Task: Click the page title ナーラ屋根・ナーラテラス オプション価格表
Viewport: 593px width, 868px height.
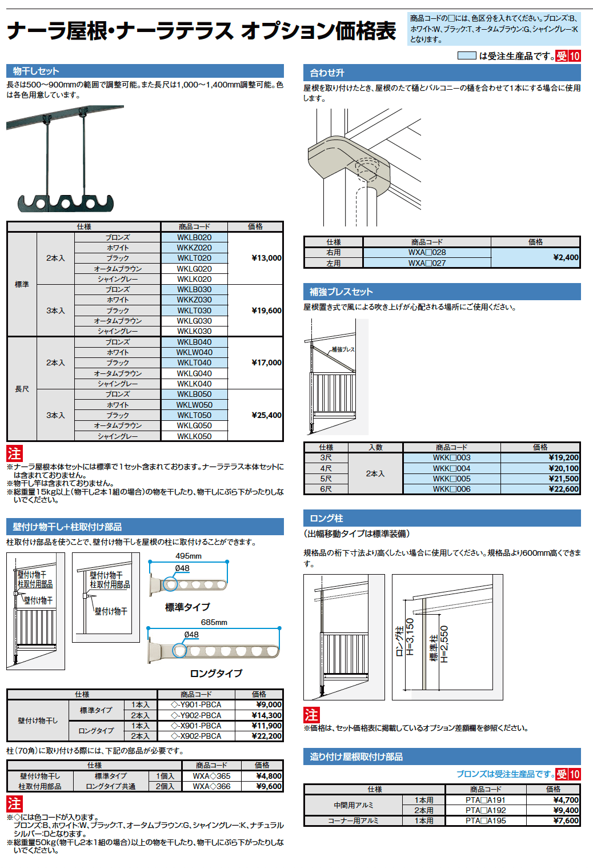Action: [x=201, y=31]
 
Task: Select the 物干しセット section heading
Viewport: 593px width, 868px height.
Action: [x=36, y=71]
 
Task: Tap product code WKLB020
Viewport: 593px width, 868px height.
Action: [x=194, y=237]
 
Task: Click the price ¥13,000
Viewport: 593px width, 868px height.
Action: [x=266, y=258]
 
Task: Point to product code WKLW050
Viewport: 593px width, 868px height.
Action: [x=194, y=405]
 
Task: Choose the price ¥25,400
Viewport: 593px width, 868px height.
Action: [x=266, y=415]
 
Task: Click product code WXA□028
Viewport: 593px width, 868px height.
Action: [x=427, y=252]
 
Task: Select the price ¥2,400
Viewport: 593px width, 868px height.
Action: [x=566, y=257]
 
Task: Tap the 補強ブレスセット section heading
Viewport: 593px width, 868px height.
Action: [x=341, y=292]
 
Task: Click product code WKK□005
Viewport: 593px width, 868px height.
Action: [x=451, y=479]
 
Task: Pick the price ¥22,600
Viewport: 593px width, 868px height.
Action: [x=563, y=489]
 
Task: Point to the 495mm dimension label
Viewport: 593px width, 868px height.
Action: [x=189, y=556]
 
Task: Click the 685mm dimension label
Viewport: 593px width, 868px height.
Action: [x=214, y=622]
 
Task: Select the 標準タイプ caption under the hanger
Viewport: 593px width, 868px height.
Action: [x=187, y=607]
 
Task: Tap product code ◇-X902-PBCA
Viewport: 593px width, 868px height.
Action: [x=196, y=736]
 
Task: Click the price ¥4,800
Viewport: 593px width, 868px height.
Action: [x=269, y=776]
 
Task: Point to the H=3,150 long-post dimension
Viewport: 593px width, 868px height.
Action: [x=410, y=636]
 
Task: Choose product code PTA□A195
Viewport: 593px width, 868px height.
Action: [x=485, y=821]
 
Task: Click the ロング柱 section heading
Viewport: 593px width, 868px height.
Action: [x=326, y=518]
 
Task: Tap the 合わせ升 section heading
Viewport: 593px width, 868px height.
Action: [x=327, y=73]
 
